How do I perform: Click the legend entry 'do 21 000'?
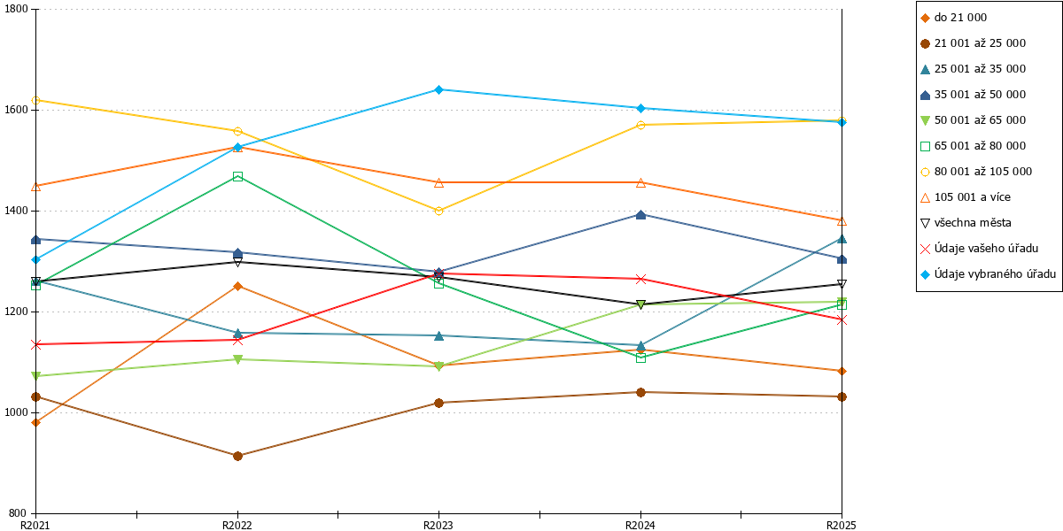(x=953, y=18)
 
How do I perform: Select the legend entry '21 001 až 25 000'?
(x=973, y=43)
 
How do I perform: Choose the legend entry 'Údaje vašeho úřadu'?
(x=979, y=249)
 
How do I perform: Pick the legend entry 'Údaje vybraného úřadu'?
(x=988, y=274)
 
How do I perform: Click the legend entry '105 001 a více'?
(x=966, y=197)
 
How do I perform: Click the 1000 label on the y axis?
(x=16, y=412)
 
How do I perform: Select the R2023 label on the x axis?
(x=438, y=526)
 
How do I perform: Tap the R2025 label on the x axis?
(x=842, y=526)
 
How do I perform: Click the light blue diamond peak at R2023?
(x=438, y=89)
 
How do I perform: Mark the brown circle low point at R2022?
(x=237, y=456)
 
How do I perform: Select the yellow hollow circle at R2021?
(x=35, y=101)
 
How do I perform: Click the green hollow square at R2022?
(x=237, y=177)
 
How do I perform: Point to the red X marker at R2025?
(x=842, y=320)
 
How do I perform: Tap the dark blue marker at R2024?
(x=640, y=215)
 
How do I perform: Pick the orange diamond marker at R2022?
(x=237, y=287)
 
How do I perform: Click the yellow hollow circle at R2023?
(x=438, y=211)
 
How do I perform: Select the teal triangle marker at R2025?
(x=842, y=239)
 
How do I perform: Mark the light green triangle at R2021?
(x=35, y=376)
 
